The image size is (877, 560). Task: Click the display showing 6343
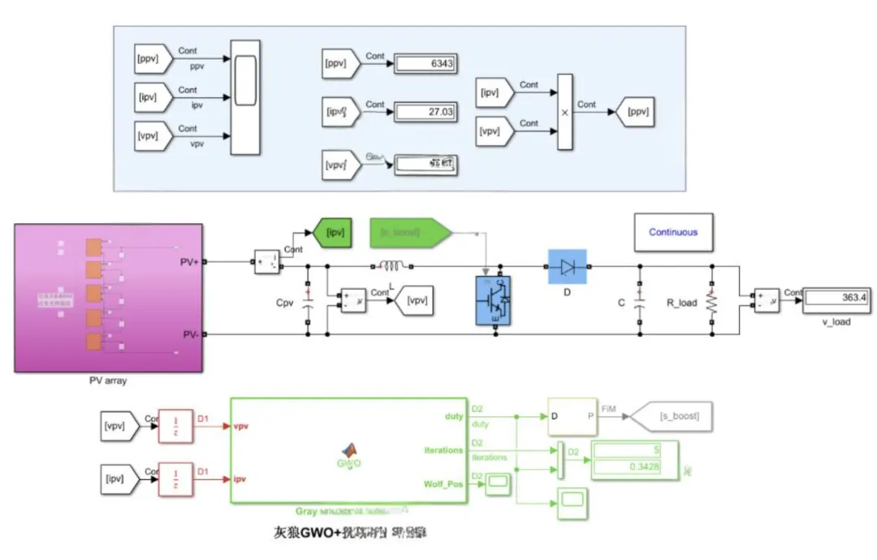425,63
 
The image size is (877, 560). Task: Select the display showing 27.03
425,112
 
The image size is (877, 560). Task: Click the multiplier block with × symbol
565,112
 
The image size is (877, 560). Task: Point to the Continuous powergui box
673,232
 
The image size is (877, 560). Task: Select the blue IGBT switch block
493,301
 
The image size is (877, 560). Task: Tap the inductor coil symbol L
392,265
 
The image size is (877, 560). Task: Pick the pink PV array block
106,298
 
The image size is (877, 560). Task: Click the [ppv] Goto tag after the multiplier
635,112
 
